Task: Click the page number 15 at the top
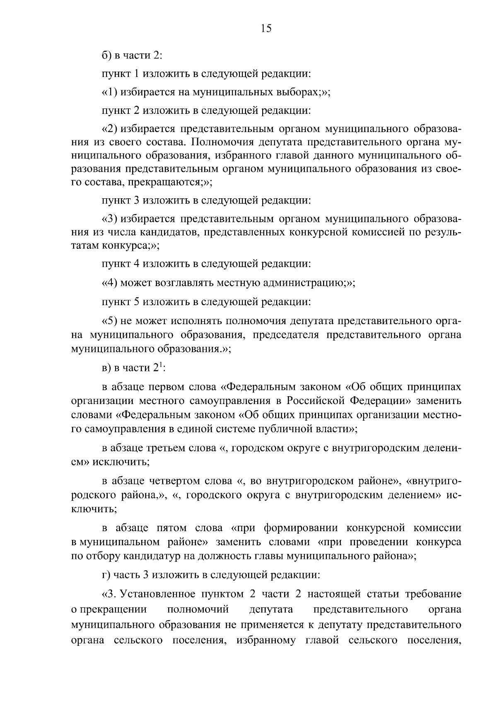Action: pos(266,29)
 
